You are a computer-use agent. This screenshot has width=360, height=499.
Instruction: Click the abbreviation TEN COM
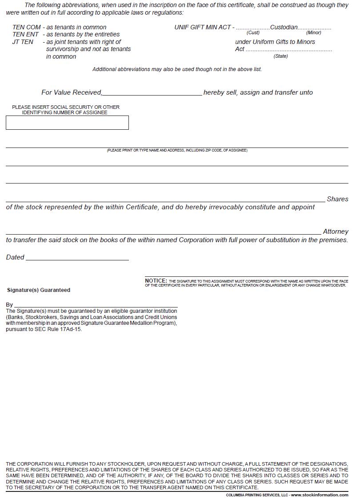click(26, 27)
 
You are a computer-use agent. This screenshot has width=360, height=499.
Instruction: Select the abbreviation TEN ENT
click(25, 34)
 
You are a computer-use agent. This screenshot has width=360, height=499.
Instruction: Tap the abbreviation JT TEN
click(23, 42)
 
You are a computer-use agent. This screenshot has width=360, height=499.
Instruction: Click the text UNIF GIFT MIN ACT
click(202, 27)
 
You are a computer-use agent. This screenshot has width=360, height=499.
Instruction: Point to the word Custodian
click(284, 27)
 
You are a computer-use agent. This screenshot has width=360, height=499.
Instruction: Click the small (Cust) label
click(253, 33)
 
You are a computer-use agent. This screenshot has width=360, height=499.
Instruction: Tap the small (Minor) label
click(313, 33)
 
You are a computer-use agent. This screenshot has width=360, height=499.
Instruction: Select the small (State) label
click(280, 56)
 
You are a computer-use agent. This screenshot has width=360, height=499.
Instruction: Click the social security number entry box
click(67, 123)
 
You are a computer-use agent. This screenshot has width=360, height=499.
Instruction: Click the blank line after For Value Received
click(152, 92)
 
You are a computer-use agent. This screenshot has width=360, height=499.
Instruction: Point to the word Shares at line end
click(337, 199)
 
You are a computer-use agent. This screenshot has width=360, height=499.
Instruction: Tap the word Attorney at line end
click(336, 232)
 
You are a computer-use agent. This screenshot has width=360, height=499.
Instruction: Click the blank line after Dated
click(77, 257)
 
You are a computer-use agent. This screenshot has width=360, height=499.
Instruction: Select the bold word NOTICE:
click(156, 281)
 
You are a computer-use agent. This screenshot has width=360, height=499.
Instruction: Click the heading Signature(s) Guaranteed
click(39, 290)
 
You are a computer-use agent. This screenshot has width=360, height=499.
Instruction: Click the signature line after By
click(96, 305)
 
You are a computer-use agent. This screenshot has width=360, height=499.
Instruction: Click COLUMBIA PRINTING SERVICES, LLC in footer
click(257, 495)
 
